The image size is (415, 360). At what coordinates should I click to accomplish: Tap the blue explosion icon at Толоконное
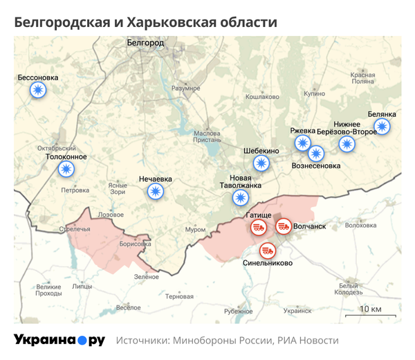point(66,169)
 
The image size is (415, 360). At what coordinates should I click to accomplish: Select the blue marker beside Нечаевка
point(156,192)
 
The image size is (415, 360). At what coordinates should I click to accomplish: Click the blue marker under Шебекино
point(261,164)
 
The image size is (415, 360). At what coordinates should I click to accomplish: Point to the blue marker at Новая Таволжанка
point(240,199)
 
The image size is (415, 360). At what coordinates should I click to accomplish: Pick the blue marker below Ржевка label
point(303,143)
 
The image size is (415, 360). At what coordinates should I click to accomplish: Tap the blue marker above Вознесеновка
point(317,153)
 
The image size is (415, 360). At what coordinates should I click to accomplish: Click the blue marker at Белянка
point(382,127)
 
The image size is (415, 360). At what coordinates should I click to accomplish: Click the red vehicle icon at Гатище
point(257,227)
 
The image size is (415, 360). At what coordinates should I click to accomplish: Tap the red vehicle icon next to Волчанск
point(284,226)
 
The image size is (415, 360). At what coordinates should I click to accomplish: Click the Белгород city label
point(146,43)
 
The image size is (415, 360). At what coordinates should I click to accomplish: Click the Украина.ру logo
point(59,340)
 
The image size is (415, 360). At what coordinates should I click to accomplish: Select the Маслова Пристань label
point(207,136)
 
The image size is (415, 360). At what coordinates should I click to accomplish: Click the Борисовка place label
point(135,244)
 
